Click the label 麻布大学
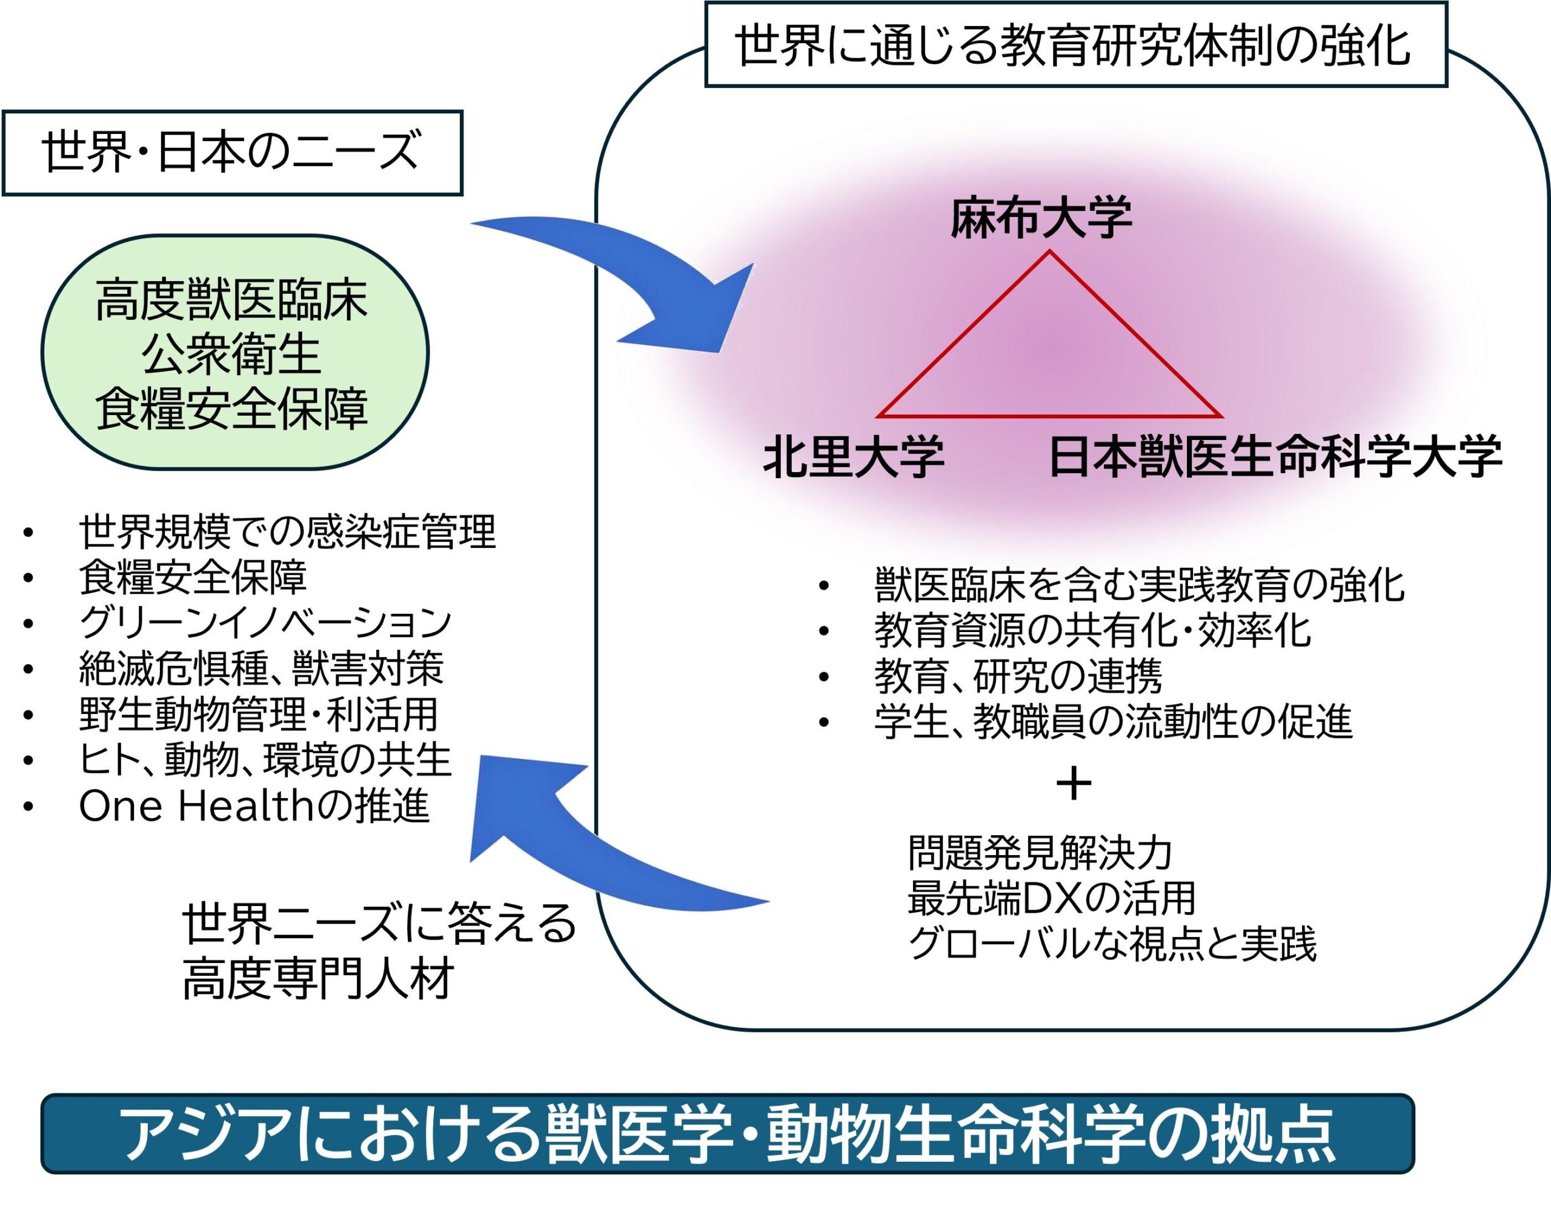[x=1041, y=218]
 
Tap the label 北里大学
[x=853, y=457]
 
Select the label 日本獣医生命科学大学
[x=1275, y=457]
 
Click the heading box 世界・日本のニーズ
[x=232, y=153]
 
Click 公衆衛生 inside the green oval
[x=231, y=355]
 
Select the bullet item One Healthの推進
[x=253, y=806]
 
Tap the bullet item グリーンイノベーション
[x=265, y=622]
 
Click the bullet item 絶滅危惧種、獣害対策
[x=261, y=668]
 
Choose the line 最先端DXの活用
[x=1052, y=898]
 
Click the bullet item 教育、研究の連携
[x=1018, y=676]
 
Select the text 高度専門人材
[x=317, y=979]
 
